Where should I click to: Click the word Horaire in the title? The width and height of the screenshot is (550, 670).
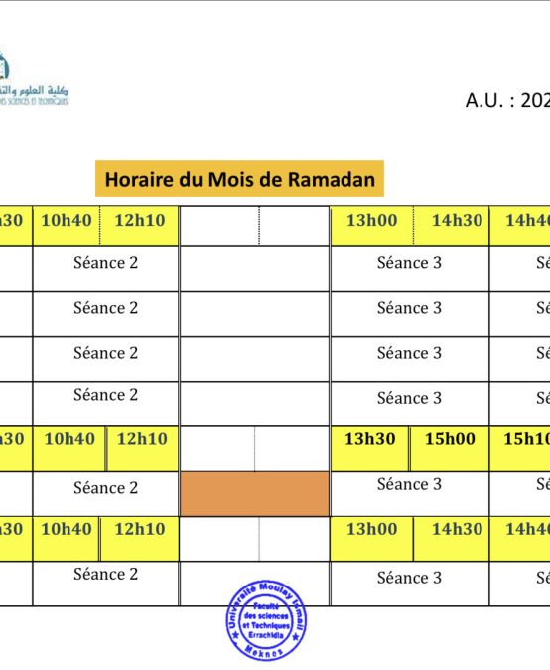(x=138, y=180)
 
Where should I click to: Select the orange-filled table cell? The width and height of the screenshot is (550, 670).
(x=254, y=494)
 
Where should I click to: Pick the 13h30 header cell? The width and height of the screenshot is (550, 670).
(x=370, y=439)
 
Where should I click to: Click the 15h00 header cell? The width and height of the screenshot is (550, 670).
(x=450, y=439)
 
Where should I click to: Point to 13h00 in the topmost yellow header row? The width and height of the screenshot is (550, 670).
(x=371, y=220)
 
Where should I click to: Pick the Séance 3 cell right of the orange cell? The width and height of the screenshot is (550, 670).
(x=409, y=484)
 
